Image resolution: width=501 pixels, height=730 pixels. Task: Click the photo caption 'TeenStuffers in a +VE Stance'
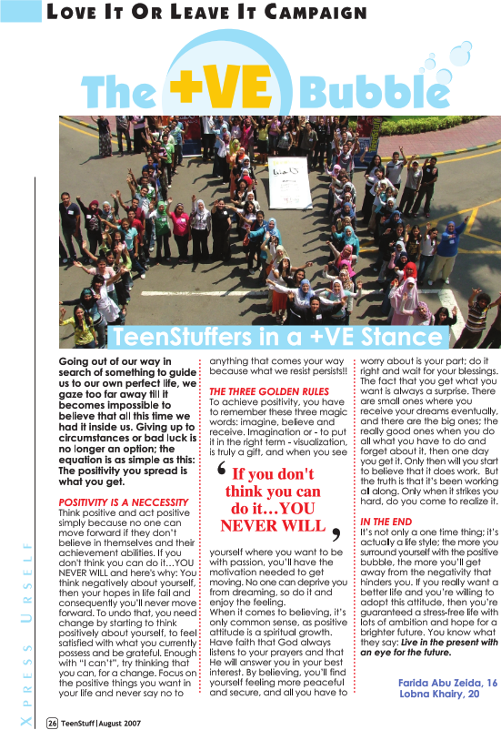coord(279,338)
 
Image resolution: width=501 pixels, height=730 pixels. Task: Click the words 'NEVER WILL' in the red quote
coord(272,525)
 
